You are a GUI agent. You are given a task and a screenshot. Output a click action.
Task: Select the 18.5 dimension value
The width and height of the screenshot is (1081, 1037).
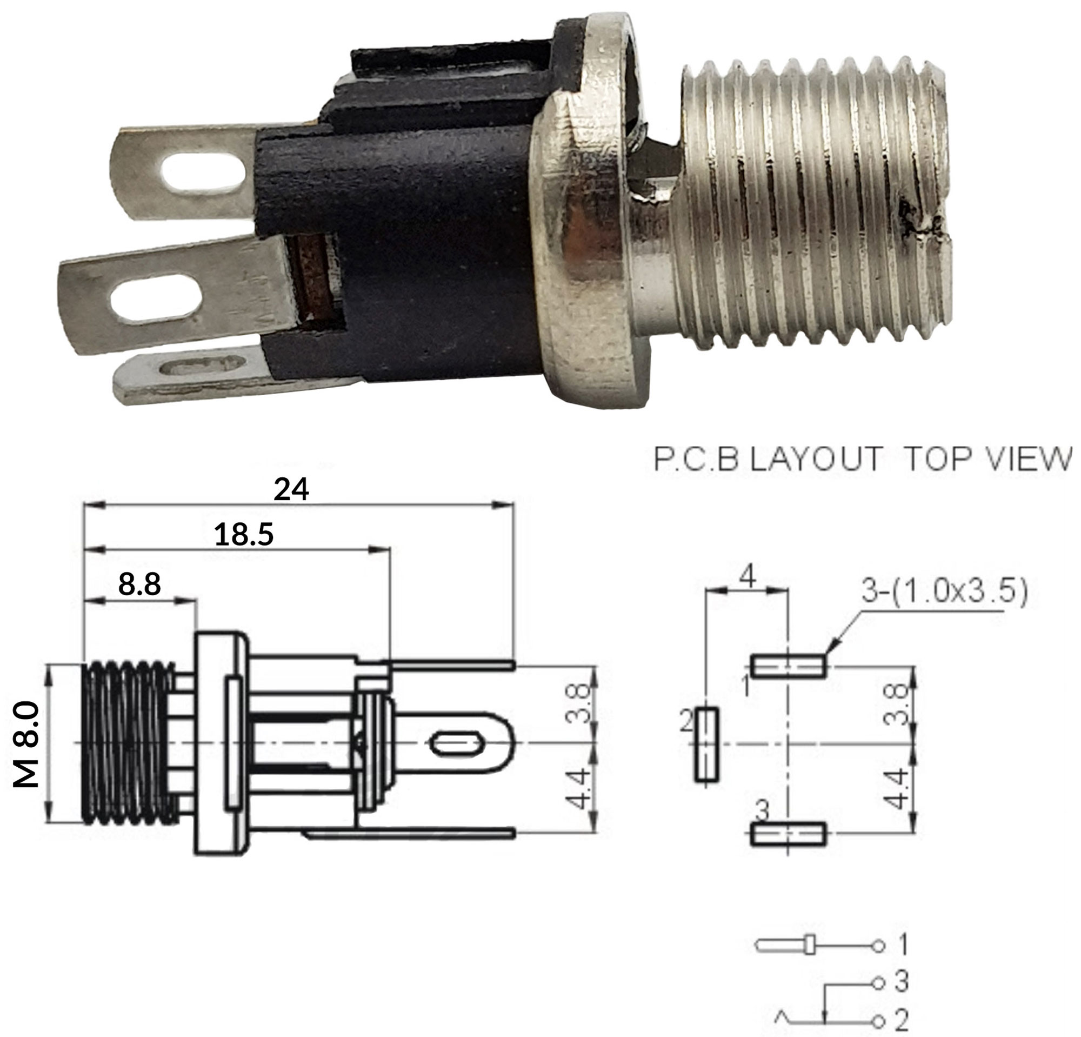point(244,535)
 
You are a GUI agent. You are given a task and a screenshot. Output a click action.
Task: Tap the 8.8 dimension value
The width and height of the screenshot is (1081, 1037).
point(139,584)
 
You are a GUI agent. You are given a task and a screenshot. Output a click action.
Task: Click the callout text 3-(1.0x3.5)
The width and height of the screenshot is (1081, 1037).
point(944,591)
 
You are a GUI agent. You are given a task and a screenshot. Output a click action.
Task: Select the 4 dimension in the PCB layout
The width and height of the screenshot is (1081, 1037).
point(748,577)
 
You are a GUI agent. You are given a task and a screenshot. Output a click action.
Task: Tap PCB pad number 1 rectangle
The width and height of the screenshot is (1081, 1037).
point(788,666)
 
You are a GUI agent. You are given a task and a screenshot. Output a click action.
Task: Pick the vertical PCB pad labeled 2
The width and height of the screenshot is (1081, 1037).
point(706,744)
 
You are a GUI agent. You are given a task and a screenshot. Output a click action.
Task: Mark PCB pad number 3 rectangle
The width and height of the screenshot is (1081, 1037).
point(788,834)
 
